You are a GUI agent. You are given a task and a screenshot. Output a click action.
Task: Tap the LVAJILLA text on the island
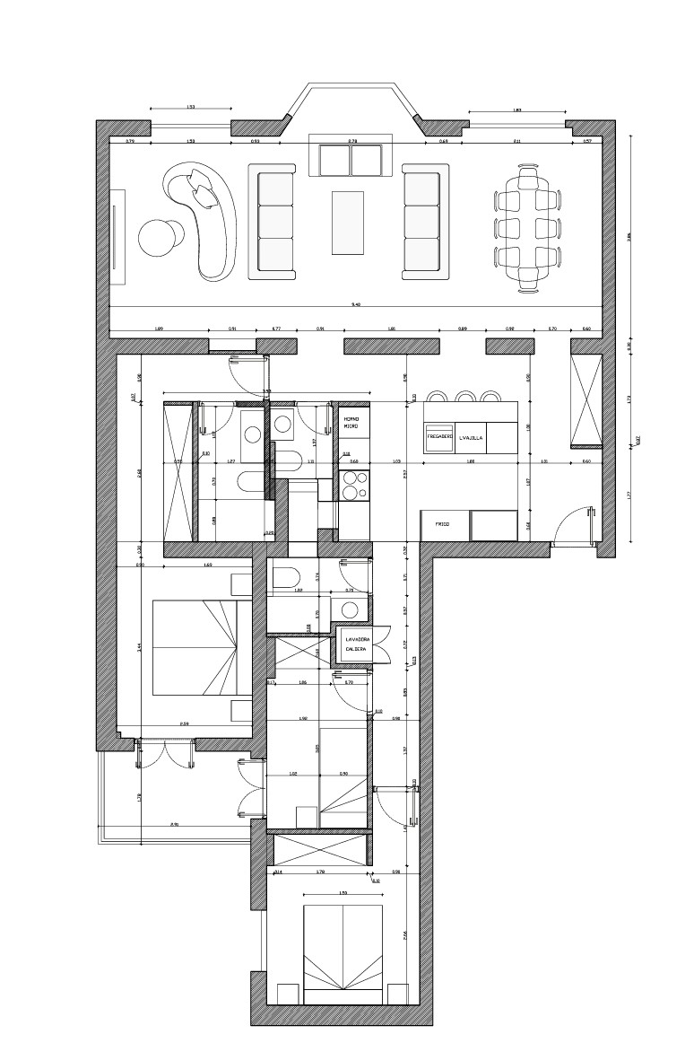[x=472, y=438]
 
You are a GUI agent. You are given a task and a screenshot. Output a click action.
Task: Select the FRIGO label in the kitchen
[x=442, y=522]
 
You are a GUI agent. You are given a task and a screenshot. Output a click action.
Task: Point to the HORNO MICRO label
[x=351, y=423]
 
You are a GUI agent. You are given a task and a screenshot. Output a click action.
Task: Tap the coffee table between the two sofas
[x=348, y=221]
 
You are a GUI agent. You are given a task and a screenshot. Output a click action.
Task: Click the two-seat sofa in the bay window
[x=351, y=160]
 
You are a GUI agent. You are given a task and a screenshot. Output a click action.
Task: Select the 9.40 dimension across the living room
[x=356, y=305]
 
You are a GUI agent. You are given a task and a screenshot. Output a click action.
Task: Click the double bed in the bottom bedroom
[x=343, y=954]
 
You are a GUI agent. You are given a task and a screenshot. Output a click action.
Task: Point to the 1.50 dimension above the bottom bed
[x=343, y=892]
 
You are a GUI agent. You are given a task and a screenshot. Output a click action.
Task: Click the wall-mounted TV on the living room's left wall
[x=115, y=235]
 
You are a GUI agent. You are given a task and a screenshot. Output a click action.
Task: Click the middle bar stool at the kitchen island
[x=464, y=396]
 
